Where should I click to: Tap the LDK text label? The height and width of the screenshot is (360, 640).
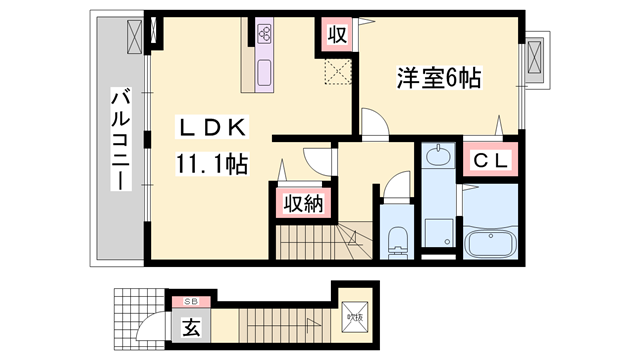pyautogui.click(x=209, y=127)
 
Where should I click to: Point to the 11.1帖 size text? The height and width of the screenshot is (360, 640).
pyautogui.click(x=213, y=163)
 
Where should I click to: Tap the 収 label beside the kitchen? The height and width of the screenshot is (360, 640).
pyautogui.click(x=337, y=35)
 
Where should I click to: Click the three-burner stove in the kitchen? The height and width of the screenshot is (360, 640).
pyautogui.click(x=266, y=34)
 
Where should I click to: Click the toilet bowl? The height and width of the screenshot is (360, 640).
pyautogui.click(x=397, y=239)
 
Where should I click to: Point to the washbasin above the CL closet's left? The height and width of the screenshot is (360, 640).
pyautogui.click(x=437, y=157)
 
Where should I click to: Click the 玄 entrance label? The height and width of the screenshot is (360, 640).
pyautogui.click(x=189, y=325)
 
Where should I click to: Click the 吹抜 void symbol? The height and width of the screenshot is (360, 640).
pyautogui.click(x=354, y=315)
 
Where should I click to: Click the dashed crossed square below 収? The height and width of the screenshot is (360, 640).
pyautogui.click(x=336, y=72)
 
